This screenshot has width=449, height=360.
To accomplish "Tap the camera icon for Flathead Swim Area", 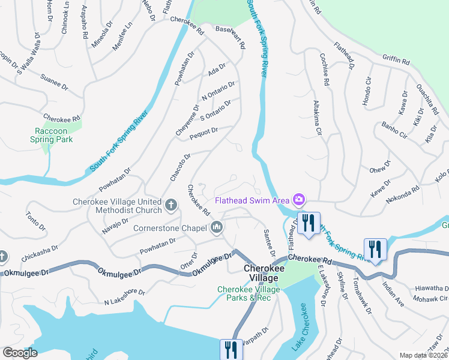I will tap(298, 199).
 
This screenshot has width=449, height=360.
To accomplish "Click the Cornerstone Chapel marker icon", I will tap(217, 227).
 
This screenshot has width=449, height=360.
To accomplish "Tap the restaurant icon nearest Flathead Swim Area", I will tap(308, 223).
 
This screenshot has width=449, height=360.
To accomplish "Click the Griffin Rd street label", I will tap(396, 61).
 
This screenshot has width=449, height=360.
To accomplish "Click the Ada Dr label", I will tap(216, 70).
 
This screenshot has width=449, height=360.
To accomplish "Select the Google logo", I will tap(20, 353).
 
